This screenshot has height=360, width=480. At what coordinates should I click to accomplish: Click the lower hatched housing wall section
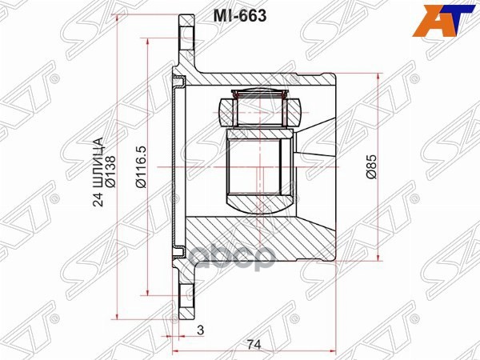[x=264, y=240]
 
